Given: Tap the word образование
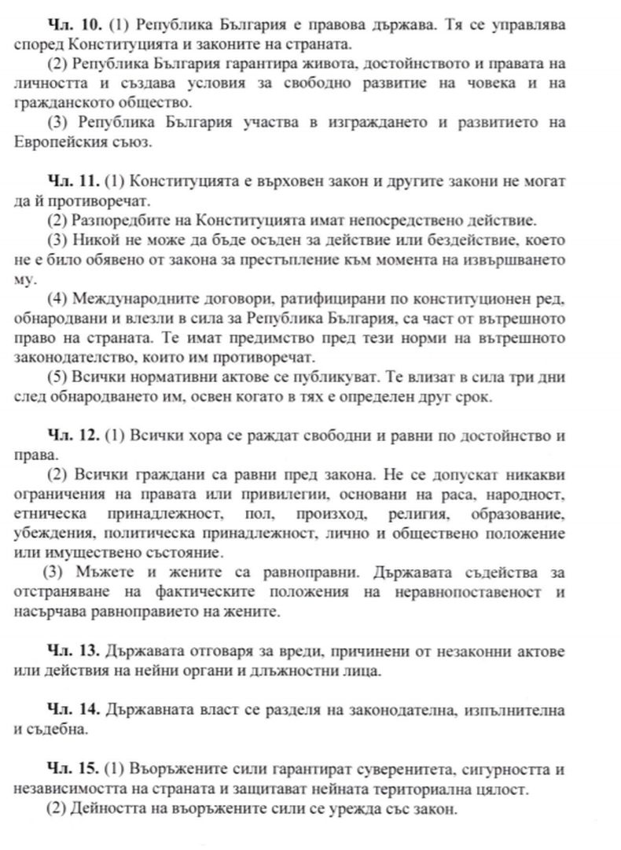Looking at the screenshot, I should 520,513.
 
